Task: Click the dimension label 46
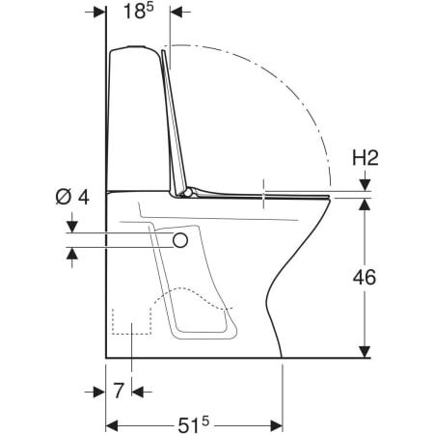pyautogui.click(x=365, y=277)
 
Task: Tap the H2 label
pyautogui.click(x=366, y=158)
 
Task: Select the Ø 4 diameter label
pyautogui.click(x=72, y=197)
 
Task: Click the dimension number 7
pyautogui.click(x=119, y=391)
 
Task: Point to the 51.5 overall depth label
pyautogui.click(x=193, y=425)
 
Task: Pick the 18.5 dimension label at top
pyautogui.click(x=139, y=11)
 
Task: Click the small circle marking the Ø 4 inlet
pyautogui.click(x=180, y=240)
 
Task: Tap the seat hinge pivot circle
pyautogui.click(x=187, y=193)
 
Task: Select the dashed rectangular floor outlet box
pyautogui.click(x=131, y=321)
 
